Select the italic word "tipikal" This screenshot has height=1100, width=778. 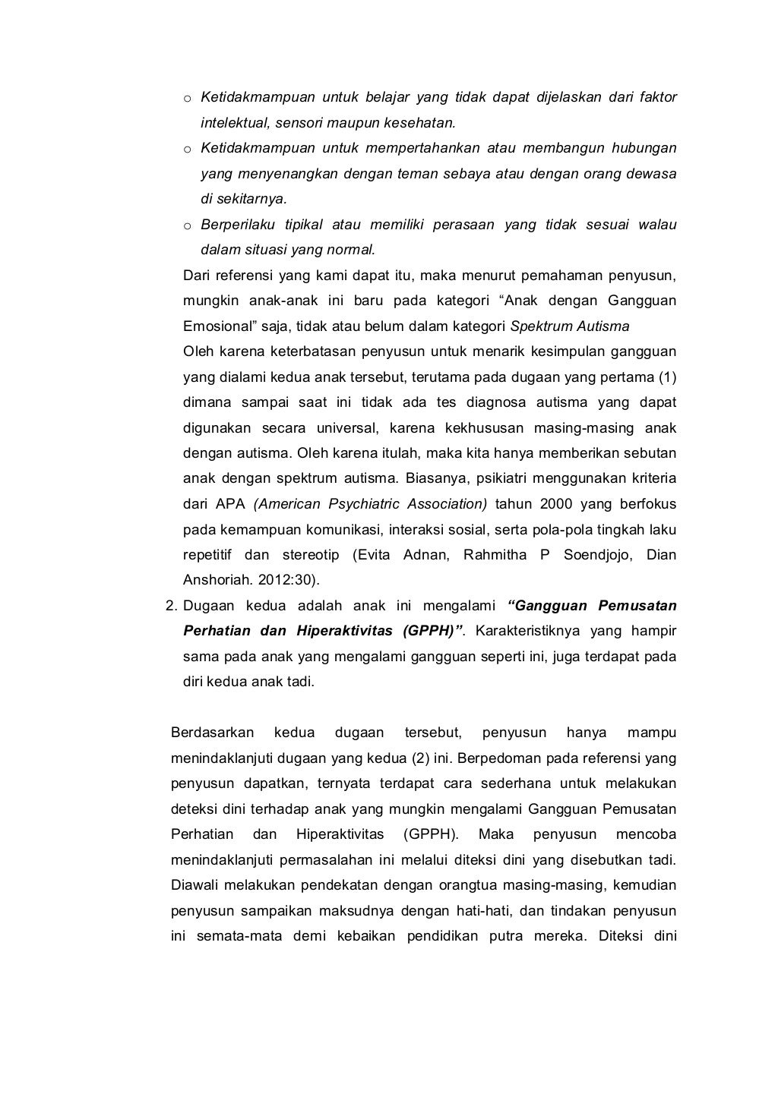304,225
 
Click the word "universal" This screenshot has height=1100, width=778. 340,428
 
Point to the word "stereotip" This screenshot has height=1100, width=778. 309,555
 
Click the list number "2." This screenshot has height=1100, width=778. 171,606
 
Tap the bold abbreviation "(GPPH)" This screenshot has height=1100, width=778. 432,631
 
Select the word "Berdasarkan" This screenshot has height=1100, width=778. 212,733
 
